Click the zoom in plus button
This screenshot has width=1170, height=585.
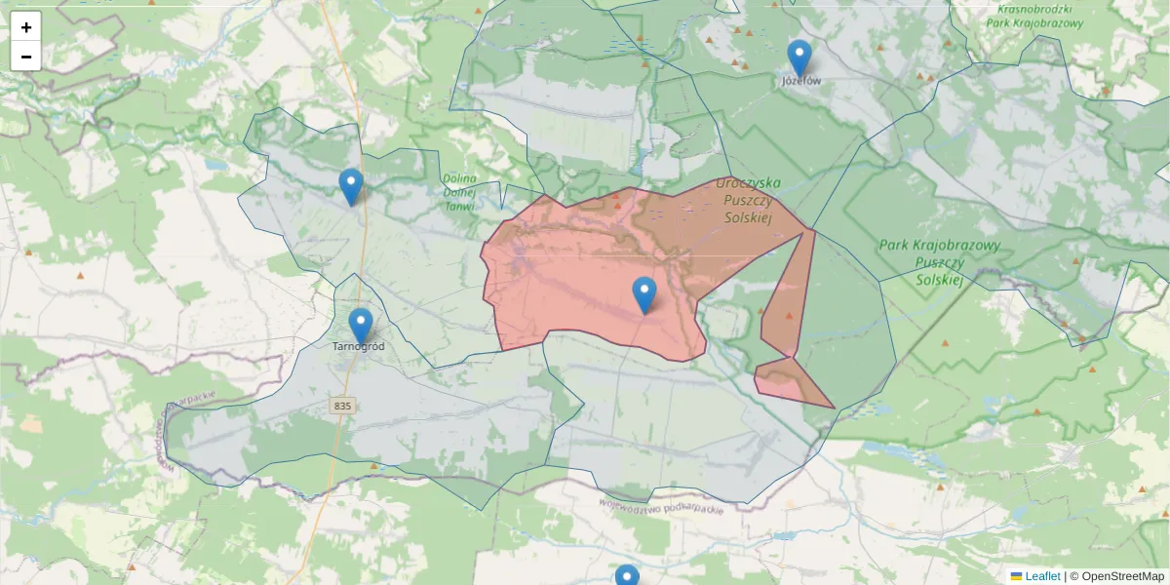(x=26, y=27)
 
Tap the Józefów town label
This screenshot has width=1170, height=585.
(x=801, y=81)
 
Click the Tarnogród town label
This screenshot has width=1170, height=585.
(x=359, y=346)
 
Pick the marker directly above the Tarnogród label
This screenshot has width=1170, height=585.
(x=361, y=326)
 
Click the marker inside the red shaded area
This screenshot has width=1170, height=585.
(x=644, y=294)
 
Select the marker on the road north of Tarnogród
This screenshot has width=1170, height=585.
(x=351, y=186)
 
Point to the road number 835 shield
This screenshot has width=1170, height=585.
(x=341, y=406)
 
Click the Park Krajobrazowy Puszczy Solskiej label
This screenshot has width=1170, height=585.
(x=939, y=262)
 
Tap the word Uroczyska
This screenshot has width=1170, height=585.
(x=748, y=182)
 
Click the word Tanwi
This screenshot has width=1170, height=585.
(x=459, y=206)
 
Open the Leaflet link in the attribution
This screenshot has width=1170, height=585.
(x=1042, y=576)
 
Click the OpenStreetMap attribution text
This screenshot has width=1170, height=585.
(x=1122, y=576)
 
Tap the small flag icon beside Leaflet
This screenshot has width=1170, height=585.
(x=1016, y=576)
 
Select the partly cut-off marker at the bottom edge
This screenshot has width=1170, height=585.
(x=627, y=576)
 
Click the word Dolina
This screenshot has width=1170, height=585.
(x=458, y=178)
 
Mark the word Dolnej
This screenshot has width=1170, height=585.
(x=458, y=192)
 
